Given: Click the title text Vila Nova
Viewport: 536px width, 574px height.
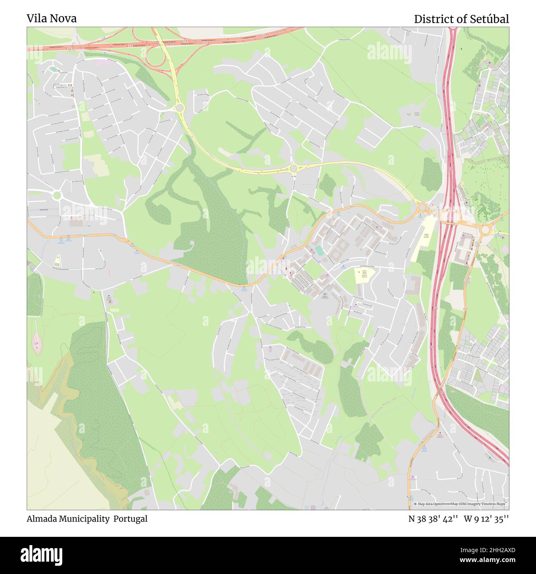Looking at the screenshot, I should (x=52, y=19).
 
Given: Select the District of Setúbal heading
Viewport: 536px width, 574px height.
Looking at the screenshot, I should (x=461, y=19).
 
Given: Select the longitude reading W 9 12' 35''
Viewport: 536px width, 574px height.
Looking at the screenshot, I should (x=487, y=519).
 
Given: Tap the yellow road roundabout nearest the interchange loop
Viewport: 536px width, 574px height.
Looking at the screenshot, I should (x=179, y=108).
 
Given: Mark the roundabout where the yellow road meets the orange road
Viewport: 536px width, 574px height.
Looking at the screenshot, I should (x=421, y=206).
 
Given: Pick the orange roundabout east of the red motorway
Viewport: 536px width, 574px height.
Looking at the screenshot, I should (x=485, y=229).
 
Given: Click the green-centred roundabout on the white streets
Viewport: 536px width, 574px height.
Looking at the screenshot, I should (x=56, y=195).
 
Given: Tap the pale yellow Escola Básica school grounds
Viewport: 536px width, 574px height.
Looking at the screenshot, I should (x=364, y=276).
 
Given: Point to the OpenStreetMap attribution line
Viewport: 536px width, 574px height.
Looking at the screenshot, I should (x=459, y=504).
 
